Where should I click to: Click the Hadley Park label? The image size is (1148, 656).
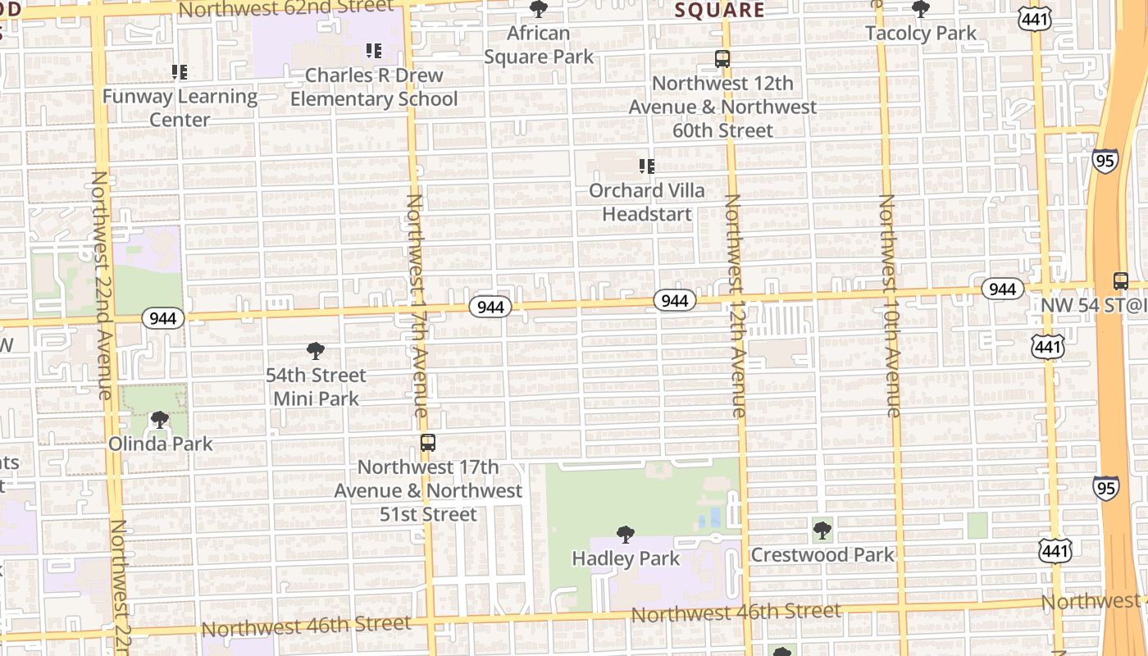pos(626,558)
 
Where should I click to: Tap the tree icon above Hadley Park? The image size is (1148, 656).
pos(626,535)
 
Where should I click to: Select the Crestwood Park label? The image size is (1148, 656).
pos(822,555)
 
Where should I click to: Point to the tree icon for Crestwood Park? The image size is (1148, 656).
pos(822,531)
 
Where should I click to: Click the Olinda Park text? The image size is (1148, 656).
pos(161,444)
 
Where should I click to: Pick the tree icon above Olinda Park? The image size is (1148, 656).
pos(160,420)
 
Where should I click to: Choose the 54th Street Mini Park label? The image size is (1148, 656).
pos(316,387)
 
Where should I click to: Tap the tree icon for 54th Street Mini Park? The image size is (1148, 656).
pos(315,351)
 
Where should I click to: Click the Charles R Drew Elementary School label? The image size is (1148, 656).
pos(374,87)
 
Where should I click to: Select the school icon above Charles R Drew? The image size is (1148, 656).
pos(374,51)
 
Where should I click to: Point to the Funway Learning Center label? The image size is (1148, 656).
pos(180,107)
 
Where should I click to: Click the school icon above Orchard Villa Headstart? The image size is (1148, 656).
pos(647,166)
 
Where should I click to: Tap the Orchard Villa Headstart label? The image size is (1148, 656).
pos(647,202)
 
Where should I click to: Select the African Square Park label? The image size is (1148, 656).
pos(539,45)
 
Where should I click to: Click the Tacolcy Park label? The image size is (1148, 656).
pos(921,34)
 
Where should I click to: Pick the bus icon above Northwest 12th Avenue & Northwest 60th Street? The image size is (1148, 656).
pos(722,59)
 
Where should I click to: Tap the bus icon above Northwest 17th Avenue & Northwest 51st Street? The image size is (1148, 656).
pos(428,443)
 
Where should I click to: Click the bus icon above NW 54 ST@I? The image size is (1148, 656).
pos(1121,280)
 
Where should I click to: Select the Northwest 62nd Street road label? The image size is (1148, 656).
pos(286,8)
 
